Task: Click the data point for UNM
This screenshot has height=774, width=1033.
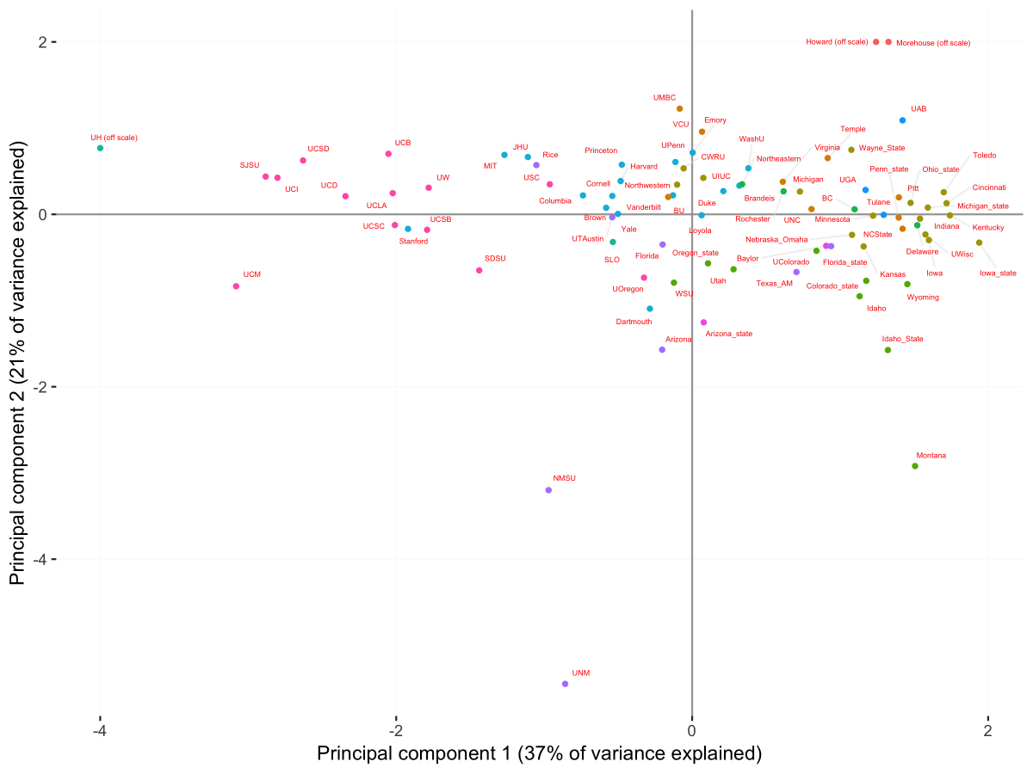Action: pyautogui.click(x=565, y=684)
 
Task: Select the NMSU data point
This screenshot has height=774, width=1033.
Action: pyautogui.click(x=548, y=490)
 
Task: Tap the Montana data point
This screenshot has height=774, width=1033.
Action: pyautogui.click(x=915, y=466)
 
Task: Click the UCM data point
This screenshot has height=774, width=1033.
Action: pyautogui.click(x=236, y=286)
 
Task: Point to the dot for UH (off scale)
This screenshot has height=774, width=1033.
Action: pyautogui.click(x=100, y=148)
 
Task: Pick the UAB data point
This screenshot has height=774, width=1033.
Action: pyautogui.click(x=902, y=120)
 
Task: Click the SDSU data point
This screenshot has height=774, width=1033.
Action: pyautogui.click(x=479, y=271)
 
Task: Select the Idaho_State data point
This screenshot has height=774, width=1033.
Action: pyautogui.click(x=888, y=350)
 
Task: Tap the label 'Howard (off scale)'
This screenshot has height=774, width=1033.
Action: pyautogui.click(x=837, y=42)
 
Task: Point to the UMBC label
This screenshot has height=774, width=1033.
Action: pyautogui.click(x=664, y=98)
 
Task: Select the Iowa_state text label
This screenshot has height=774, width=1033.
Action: pyautogui.click(x=998, y=273)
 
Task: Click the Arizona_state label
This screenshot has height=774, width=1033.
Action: pyautogui.click(x=729, y=334)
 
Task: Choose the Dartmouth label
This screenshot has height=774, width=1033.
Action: pyautogui.click(x=634, y=322)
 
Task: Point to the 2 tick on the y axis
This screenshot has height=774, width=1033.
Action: pyautogui.click(x=39, y=42)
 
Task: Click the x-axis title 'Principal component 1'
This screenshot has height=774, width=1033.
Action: pyautogui.click(x=539, y=754)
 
